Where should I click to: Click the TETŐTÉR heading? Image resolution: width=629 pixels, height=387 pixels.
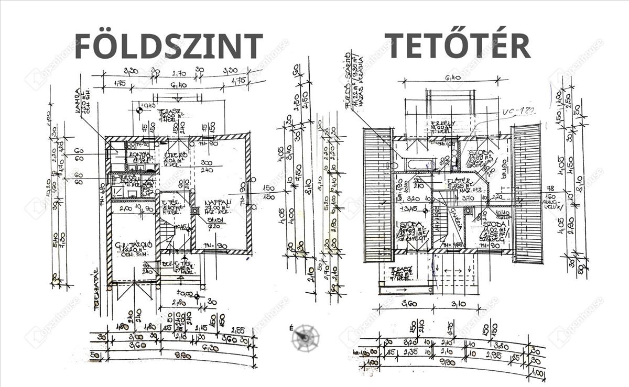pos(457,45)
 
